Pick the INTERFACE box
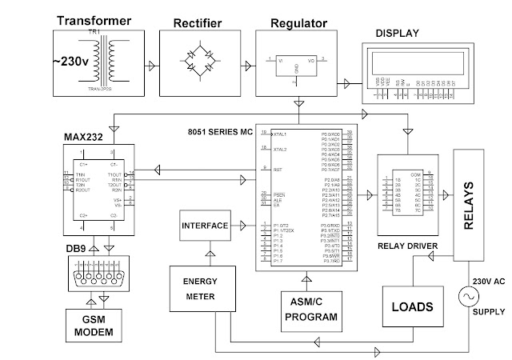(x=204, y=225)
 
